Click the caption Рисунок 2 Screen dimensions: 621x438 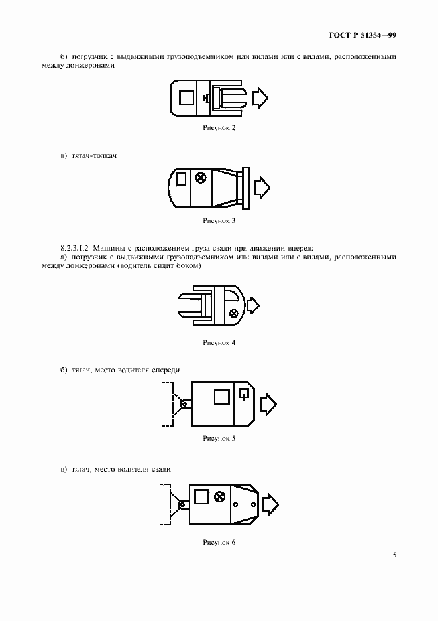(219, 127)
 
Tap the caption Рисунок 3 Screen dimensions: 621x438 (219, 220)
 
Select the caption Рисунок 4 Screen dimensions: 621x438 (219, 342)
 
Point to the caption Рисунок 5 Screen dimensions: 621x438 (219, 439)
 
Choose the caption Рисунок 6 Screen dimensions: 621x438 (219, 542)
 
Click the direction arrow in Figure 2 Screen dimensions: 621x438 (260, 98)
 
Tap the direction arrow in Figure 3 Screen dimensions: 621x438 (262, 186)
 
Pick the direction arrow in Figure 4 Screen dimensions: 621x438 (252, 306)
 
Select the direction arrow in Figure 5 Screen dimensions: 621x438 (269, 403)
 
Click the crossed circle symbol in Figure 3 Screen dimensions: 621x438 (201, 177)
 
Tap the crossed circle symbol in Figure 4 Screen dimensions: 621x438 (233, 314)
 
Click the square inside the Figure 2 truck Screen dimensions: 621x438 (188, 98)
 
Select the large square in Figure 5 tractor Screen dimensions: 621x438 (221, 396)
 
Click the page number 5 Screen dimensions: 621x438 (394, 555)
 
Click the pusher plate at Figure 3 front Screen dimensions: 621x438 (245, 186)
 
